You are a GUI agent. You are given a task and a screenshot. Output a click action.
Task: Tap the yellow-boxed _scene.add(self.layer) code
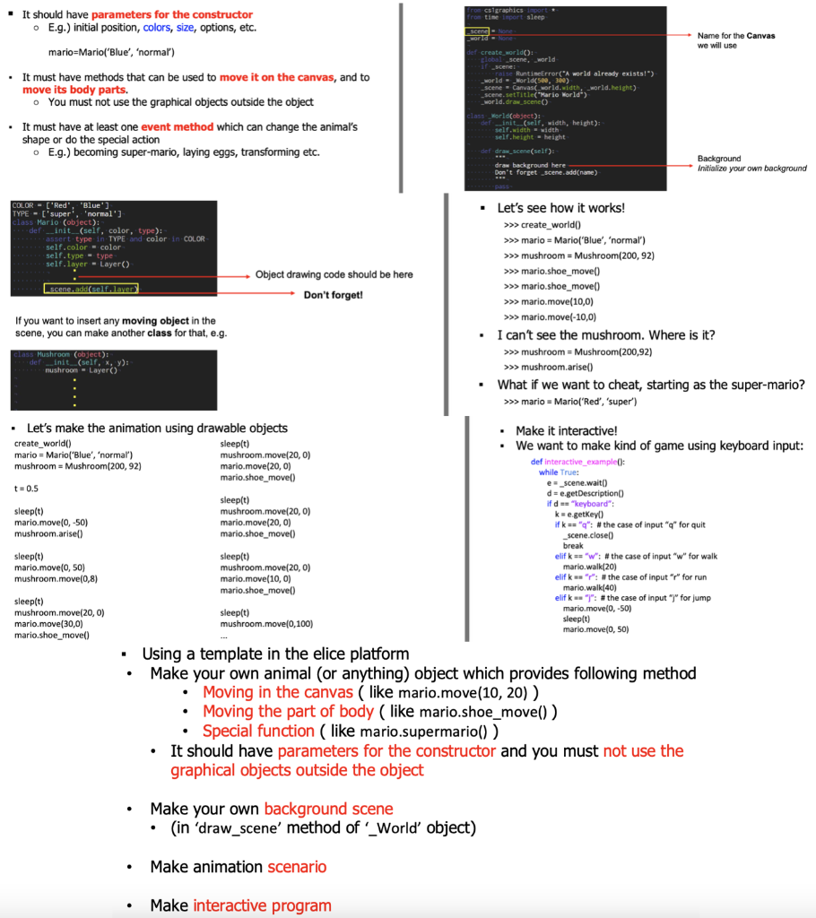coord(91,289)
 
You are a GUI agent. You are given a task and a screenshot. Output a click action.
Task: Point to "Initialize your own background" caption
coord(751,169)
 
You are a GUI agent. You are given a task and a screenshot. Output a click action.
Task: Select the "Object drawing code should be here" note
coord(334,274)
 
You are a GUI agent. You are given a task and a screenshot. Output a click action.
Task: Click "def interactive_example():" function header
coord(577,462)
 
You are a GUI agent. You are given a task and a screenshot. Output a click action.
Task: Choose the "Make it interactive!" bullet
coord(566,431)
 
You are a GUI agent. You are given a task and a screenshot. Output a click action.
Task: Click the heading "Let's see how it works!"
coord(560,208)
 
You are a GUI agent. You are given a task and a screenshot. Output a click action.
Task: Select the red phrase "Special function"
coord(258,731)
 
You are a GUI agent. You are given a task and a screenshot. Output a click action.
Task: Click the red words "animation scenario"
coord(296,867)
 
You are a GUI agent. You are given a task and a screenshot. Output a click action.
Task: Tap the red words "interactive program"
coord(262,905)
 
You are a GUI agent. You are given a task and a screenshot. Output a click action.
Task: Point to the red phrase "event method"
coord(178,127)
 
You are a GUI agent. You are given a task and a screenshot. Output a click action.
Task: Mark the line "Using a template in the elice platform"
coord(275,654)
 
